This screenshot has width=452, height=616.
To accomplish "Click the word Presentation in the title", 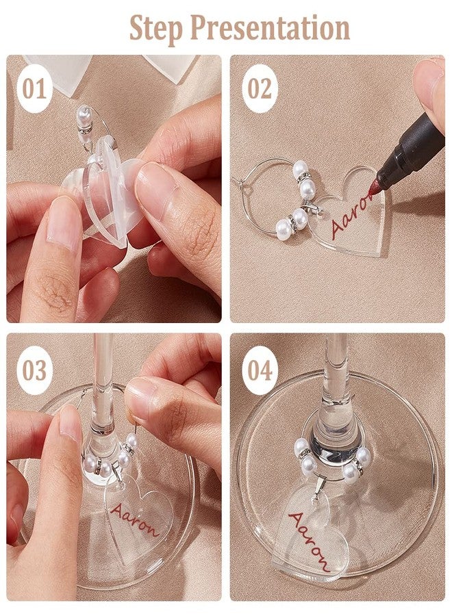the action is point(271,28).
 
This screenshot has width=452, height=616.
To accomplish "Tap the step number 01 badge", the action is point(35,89).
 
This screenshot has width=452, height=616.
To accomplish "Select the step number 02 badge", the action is point(260,89).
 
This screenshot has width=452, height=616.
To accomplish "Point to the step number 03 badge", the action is point(35,370).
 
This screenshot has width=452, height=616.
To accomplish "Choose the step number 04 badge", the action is point(260,370).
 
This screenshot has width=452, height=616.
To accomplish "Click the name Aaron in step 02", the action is point(353,214).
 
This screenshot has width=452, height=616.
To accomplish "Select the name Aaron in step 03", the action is point(134,519).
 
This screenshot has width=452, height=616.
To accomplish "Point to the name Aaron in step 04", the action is point(309,541).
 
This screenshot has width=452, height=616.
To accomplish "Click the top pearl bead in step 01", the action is point(84,114).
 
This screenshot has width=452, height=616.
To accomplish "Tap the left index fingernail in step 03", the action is point(70,424).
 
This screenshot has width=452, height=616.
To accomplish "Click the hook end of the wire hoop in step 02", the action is point(238,182).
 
